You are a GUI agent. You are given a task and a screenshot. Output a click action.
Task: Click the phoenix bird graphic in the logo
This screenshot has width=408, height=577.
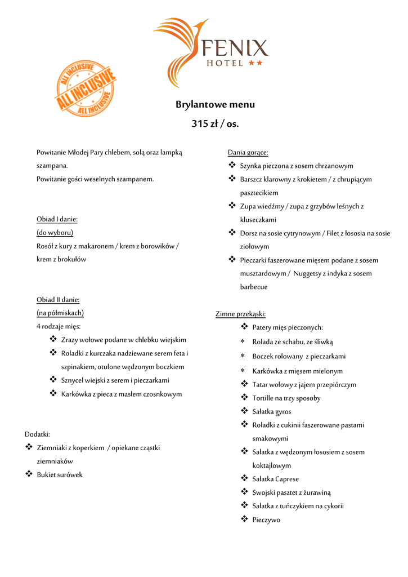pyautogui.click(x=179, y=51)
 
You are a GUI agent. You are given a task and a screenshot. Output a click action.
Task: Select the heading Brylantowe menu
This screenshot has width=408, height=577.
pyautogui.click(x=215, y=104)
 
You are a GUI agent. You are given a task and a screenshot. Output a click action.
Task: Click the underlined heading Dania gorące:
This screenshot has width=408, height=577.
pyautogui.click(x=248, y=152)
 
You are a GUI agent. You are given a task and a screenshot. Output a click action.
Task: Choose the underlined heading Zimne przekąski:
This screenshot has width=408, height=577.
pyautogui.click(x=240, y=314)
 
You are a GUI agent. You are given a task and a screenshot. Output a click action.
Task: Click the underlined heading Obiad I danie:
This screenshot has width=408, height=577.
pyautogui.click(x=57, y=219)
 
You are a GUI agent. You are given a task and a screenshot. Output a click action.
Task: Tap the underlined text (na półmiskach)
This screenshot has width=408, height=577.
pyautogui.click(x=60, y=313)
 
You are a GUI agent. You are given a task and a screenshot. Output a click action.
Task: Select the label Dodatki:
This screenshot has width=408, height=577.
pyautogui.click(x=37, y=434)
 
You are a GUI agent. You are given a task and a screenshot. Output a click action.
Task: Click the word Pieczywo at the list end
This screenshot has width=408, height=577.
pyautogui.click(x=266, y=520)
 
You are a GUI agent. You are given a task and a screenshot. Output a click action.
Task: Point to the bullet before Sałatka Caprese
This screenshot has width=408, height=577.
pyautogui.click(x=244, y=478)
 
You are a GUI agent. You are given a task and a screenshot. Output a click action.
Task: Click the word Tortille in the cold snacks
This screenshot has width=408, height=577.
pyautogui.click(x=264, y=398)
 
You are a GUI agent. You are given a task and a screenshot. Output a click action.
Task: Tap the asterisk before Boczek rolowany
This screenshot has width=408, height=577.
pyautogui.click(x=243, y=357)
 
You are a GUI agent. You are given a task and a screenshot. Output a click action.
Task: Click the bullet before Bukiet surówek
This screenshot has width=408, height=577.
pyautogui.click(x=29, y=474)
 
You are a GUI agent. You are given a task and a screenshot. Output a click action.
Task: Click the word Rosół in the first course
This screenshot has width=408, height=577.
pyautogui.click(x=46, y=246)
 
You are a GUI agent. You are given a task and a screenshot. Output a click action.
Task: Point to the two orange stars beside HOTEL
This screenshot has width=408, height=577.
pyautogui.click(x=255, y=63)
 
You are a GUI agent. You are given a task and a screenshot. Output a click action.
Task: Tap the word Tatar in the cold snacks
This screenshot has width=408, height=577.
pyautogui.click(x=261, y=384)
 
